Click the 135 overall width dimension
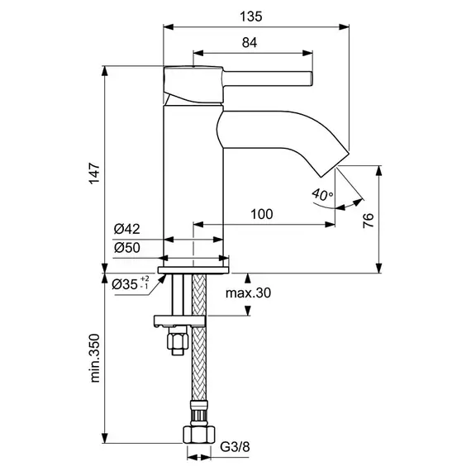[251, 17]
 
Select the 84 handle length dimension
[250, 43]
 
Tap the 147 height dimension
[95, 174]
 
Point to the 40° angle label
[322, 195]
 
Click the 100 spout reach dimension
[262, 214]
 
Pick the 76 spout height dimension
[369, 221]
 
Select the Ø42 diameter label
[126, 229]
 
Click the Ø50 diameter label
[126, 248]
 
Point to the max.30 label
[248, 293]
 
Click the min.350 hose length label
[95, 358]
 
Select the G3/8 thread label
[235, 447]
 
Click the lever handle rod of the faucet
[268, 78]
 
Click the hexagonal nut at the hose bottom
[199, 435]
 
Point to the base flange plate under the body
[193, 270]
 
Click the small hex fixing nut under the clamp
[178, 340]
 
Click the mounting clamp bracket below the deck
[179, 321]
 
